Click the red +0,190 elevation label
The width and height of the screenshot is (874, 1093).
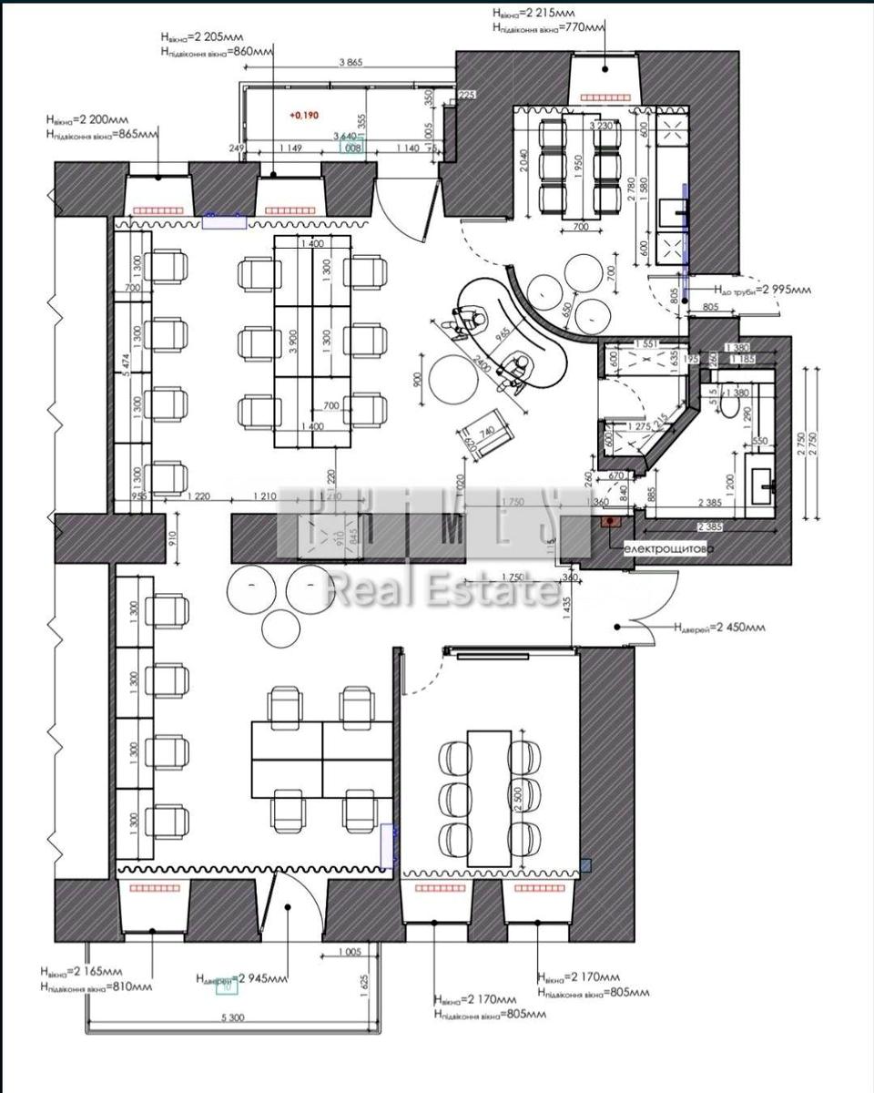click(304, 116)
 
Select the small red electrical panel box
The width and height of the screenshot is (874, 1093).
click(608, 522)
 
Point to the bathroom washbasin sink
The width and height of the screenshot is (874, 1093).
click(762, 475)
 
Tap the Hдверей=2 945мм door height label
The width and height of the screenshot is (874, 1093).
click(241, 978)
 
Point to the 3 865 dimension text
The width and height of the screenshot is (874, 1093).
click(351, 63)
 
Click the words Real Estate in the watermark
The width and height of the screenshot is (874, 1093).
click(443, 591)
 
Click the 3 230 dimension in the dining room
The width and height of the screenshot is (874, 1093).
click(600, 125)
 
